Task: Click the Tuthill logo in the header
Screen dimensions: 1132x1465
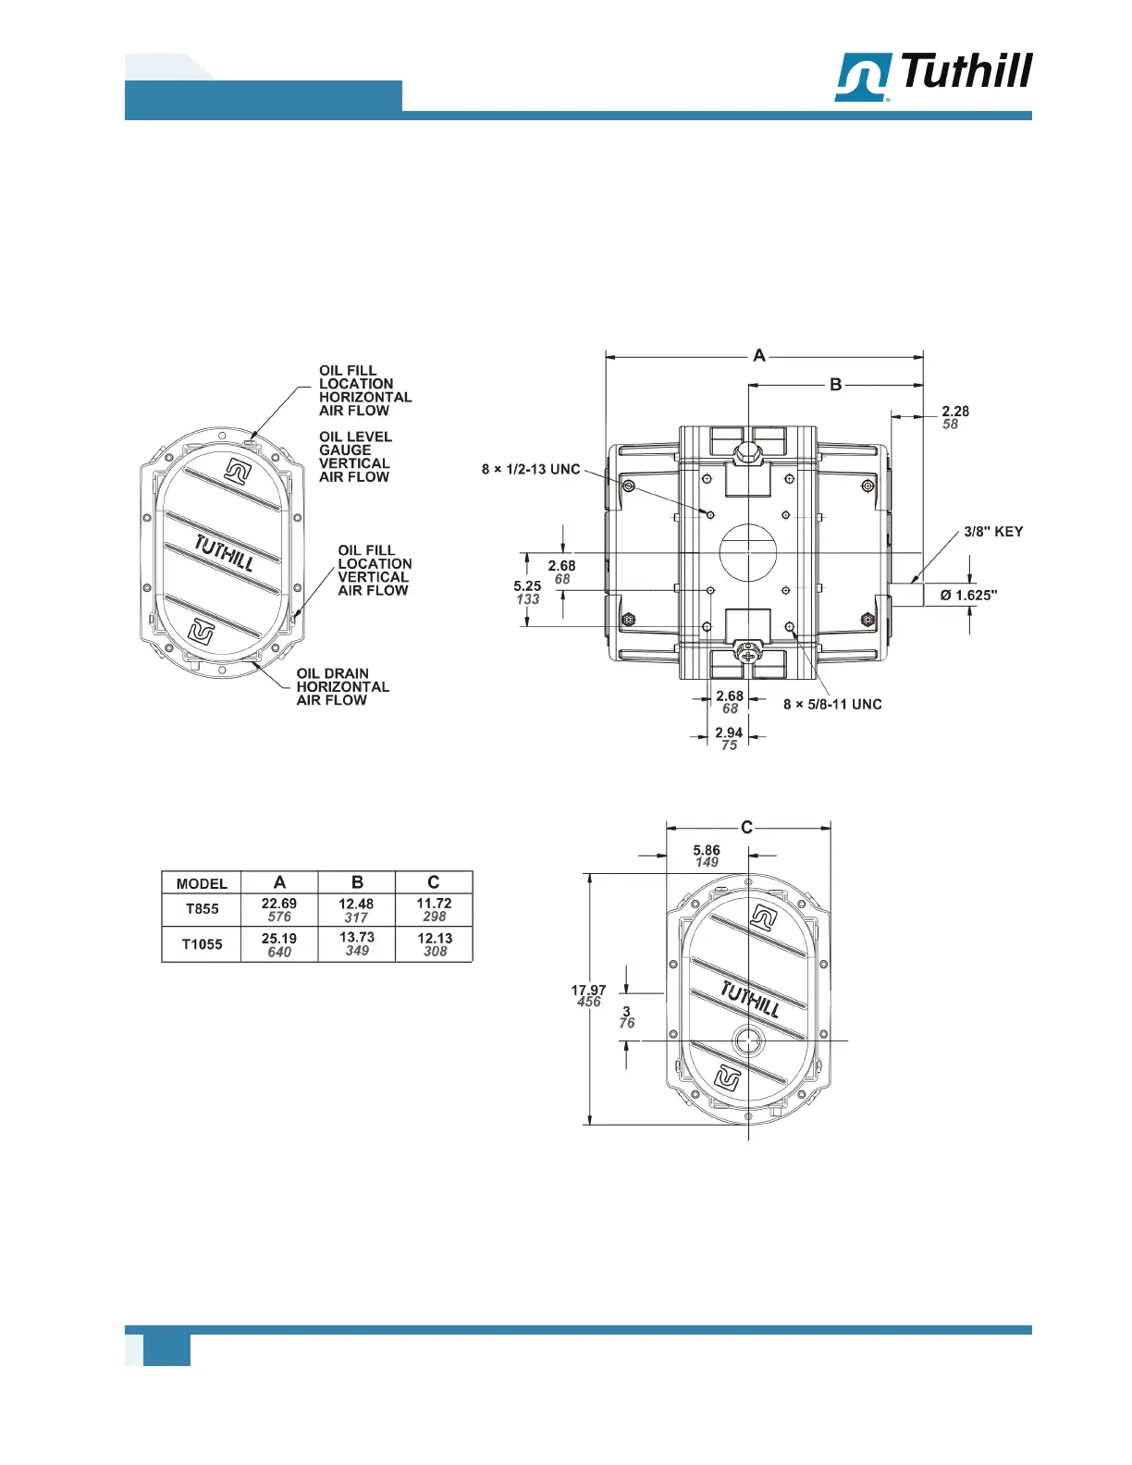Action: click(x=933, y=76)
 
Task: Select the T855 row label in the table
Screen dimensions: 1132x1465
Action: click(x=203, y=909)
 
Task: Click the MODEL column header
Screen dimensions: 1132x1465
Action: click(x=202, y=884)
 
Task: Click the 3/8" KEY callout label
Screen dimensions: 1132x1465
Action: click(x=993, y=532)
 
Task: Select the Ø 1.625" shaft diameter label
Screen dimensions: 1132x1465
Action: click(x=969, y=596)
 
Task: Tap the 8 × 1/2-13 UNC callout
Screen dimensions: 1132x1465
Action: click(x=531, y=469)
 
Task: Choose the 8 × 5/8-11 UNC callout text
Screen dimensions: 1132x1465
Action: click(x=832, y=705)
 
